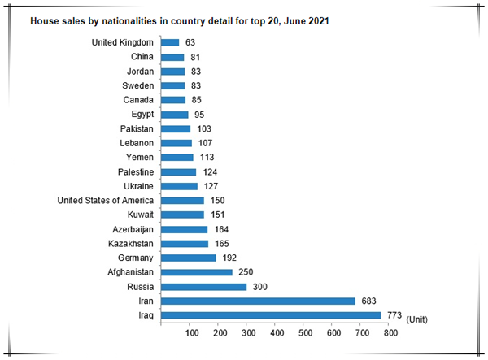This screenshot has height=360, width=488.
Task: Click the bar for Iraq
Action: tap(271, 315)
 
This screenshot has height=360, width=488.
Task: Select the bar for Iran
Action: tap(259, 301)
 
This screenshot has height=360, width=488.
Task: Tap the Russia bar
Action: tap(203, 287)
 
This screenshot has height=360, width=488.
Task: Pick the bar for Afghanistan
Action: tap(197, 272)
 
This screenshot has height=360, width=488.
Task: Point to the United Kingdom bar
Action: tap(170, 42)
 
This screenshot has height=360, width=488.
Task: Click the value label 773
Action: tap(394, 315)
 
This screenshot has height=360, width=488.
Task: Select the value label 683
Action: tap(368, 301)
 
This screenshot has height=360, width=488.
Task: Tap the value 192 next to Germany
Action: tap(229, 258)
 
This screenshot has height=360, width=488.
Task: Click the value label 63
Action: tap(191, 42)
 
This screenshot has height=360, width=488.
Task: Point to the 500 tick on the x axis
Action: tap(305, 333)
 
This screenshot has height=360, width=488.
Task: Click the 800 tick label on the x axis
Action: tap(390, 333)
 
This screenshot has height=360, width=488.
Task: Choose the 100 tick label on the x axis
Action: tap(191, 333)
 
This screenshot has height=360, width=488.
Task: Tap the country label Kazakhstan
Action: tap(132, 244)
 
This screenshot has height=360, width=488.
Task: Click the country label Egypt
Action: tap(143, 115)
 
